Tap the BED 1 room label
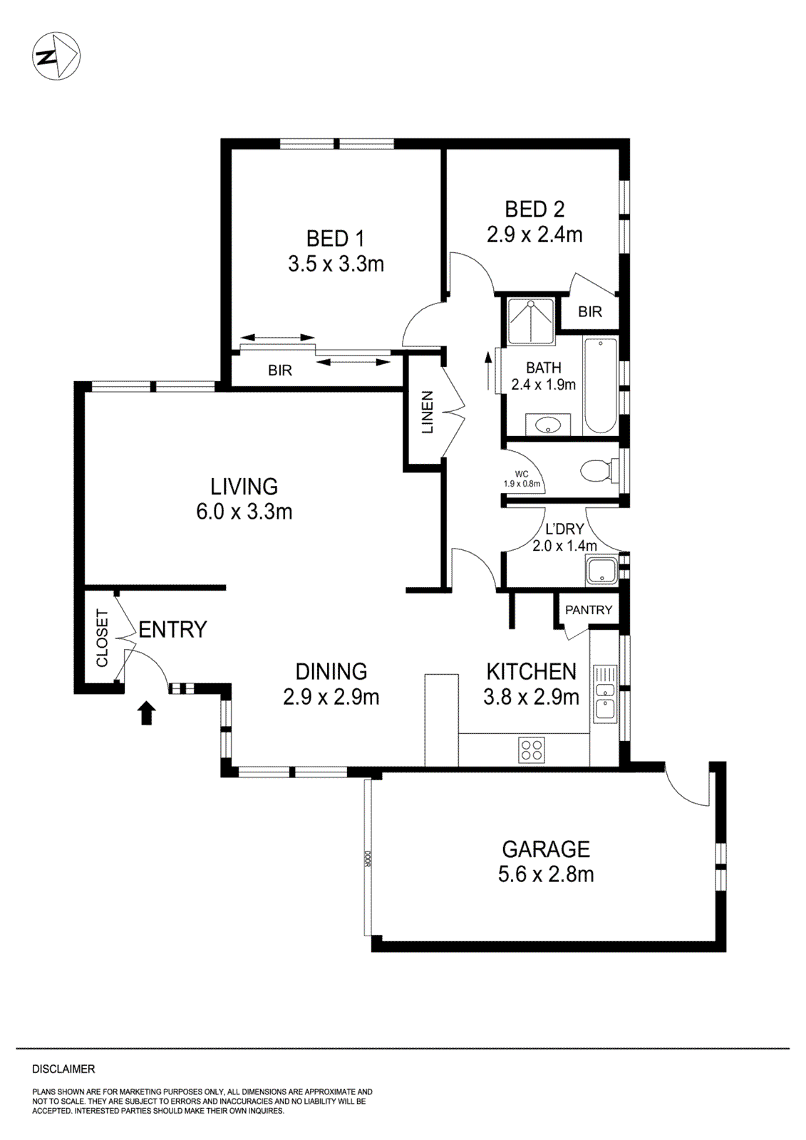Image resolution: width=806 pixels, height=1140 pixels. tap(336, 238)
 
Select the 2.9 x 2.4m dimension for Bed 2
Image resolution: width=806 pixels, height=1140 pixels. tap(534, 234)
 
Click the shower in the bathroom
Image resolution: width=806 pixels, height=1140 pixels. tap(530, 321)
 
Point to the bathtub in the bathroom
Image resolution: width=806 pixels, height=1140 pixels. tap(601, 386)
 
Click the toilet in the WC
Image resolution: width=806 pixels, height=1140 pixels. tap(600, 470)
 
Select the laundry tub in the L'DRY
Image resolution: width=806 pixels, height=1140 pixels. tap(601, 571)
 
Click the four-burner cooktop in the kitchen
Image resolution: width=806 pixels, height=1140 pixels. tap(532, 749)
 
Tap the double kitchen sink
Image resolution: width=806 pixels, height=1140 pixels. tap(605, 693)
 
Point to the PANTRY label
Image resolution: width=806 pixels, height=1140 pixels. tap(589, 609)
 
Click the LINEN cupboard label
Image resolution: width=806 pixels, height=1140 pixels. tap(427, 413)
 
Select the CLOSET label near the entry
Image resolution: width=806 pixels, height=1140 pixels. tap(103, 638)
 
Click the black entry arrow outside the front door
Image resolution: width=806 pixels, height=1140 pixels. tap(147, 712)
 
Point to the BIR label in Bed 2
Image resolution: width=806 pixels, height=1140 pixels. tap(589, 311)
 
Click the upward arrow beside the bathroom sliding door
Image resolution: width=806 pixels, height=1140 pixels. tap(488, 363)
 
